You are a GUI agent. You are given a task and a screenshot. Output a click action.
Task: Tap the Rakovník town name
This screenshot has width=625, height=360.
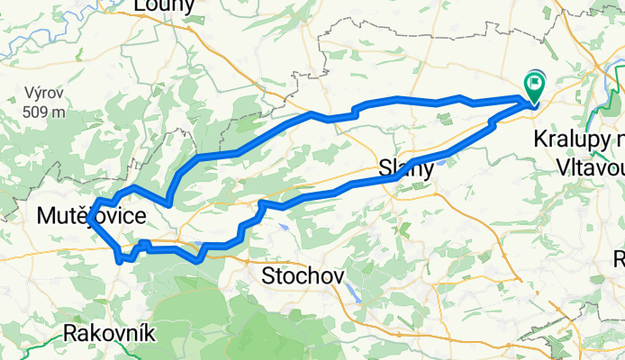tap(110, 333)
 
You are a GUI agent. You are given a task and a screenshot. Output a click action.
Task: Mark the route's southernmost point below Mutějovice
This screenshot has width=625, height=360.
tap(120, 261)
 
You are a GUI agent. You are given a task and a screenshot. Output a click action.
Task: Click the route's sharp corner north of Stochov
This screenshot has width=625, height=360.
tap(260, 204)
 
